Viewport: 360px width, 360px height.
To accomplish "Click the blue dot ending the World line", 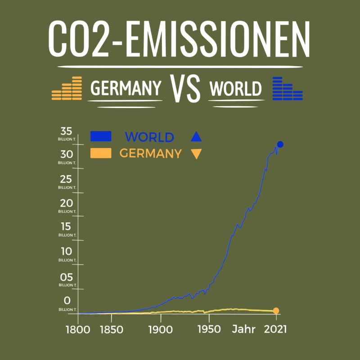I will [x=280, y=144].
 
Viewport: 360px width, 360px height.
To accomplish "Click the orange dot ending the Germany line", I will [x=276, y=310].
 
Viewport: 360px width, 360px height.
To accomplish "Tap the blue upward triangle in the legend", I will [x=196, y=137].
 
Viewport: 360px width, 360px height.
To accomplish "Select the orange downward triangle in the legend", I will [x=196, y=154].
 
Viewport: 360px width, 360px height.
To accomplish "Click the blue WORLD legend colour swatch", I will [x=101, y=136].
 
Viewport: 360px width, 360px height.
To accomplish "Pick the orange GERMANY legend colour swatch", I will [x=101, y=153].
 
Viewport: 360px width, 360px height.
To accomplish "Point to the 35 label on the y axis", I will [x=67, y=131].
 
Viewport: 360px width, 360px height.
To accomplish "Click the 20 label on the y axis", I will [x=67, y=203].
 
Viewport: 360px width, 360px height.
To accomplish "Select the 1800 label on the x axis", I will [x=78, y=329].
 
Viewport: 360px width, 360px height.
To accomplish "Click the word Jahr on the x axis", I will [x=243, y=329].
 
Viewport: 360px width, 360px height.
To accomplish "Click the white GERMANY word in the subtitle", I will [x=126, y=89].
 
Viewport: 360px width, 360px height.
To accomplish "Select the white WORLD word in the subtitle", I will [x=235, y=89].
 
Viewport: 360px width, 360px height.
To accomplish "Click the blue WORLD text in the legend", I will [x=149, y=137].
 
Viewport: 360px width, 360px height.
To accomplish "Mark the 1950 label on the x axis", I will [x=208, y=329].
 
